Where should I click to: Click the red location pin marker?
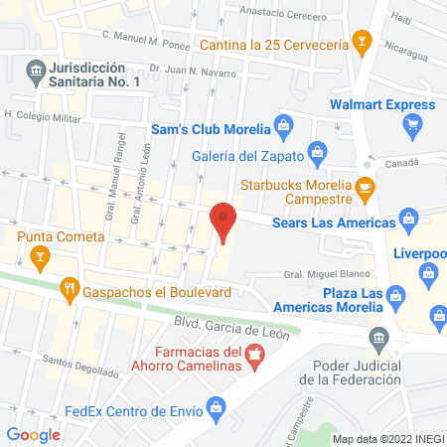(223, 222)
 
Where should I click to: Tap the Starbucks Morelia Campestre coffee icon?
(365, 186)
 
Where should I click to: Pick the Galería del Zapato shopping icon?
(317, 152)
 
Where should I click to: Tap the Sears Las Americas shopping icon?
(407, 218)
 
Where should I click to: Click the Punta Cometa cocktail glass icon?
(40, 259)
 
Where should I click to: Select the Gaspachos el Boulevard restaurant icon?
(70, 290)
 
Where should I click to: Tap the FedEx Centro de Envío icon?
(215, 406)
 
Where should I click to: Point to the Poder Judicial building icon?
(377, 339)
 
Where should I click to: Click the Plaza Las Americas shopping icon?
(395, 295)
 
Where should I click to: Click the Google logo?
(33, 434)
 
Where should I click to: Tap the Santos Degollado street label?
(82, 363)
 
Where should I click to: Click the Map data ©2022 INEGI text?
(385, 438)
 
